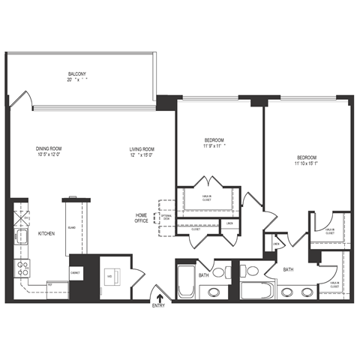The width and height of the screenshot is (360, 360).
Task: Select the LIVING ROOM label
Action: [x=141, y=148]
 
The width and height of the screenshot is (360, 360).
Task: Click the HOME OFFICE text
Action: [x=141, y=218]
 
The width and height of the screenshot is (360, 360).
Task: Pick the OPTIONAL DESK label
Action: [x=166, y=218]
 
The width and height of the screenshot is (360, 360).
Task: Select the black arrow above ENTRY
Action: [x=159, y=298]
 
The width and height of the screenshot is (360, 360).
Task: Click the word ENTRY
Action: [x=159, y=306]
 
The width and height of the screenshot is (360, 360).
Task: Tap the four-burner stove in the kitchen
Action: [x=22, y=265]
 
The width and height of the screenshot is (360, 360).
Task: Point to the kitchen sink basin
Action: [x=22, y=238]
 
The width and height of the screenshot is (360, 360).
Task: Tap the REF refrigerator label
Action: [x=49, y=286]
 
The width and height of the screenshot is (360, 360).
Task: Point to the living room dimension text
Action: [x=141, y=155]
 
